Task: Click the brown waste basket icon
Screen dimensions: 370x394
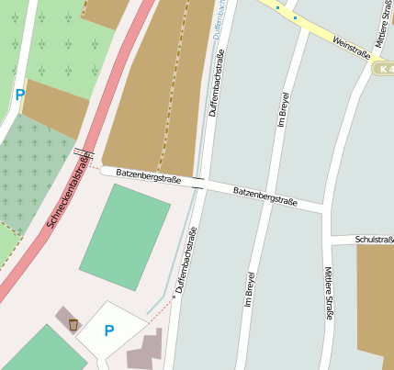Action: (73, 324)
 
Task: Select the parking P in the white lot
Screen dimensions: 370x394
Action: (109, 331)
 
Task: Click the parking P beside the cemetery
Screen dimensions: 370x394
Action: (20, 94)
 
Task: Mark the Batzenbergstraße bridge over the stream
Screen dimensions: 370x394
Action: (198, 181)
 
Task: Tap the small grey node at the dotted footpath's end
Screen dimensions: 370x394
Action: (173, 297)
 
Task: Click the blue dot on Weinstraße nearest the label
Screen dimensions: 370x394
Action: (294, 17)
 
